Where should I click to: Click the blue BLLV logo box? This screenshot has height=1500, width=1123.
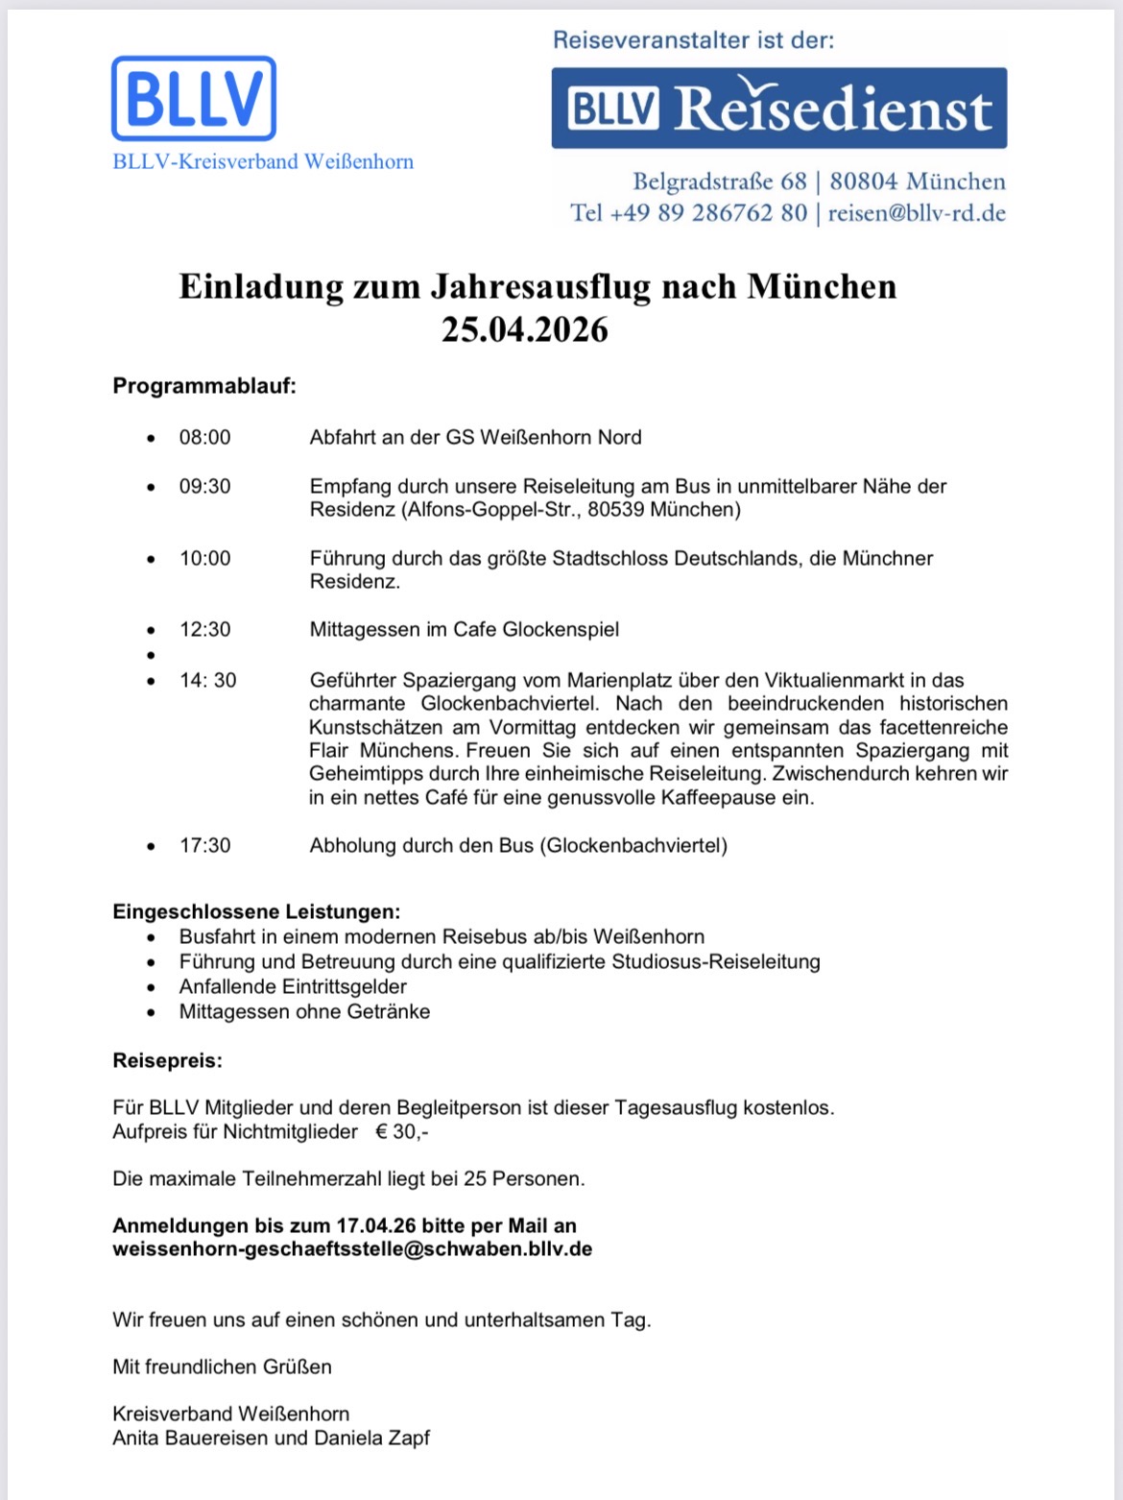tap(194, 98)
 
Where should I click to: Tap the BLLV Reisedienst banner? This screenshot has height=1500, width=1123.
tap(778, 109)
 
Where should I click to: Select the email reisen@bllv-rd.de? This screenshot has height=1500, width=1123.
tap(917, 213)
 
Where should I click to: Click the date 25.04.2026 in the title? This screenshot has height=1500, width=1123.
tap(524, 329)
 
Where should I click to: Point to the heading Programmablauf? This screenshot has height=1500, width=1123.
tap(204, 386)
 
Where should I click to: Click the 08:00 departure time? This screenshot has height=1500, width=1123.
tap(204, 438)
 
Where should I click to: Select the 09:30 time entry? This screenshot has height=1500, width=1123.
tap(204, 487)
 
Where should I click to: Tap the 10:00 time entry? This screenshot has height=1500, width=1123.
tap(204, 559)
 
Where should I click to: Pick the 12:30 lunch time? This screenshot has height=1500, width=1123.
tap(204, 630)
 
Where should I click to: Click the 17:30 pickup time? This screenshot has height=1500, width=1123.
tap(204, 846)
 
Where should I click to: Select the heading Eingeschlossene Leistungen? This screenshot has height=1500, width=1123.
tap(256, 911)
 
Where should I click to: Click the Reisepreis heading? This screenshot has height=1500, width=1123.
tap(167, 1061)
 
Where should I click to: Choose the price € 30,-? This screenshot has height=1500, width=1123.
tap(402, 1132)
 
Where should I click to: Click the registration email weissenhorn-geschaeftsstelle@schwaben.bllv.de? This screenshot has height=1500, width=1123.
tap(352, 1249)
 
